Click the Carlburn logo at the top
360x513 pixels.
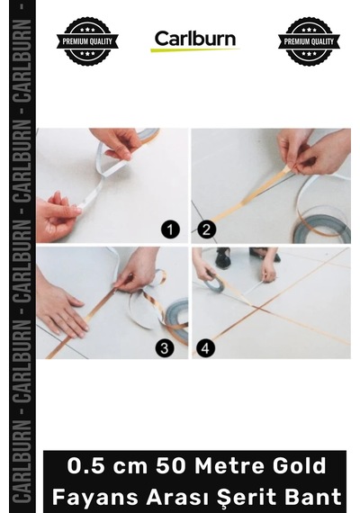point(194,40)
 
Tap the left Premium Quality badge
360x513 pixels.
point(87,40)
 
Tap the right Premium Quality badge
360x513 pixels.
point(309,40)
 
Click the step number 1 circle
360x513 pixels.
point(170,229)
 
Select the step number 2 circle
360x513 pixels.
point(206,229)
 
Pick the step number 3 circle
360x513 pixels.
point(165,347)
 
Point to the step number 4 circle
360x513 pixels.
point(205,347)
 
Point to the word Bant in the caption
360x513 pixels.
point(314,497)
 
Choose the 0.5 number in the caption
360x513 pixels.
point(86,466)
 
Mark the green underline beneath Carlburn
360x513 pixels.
point(194,49)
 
